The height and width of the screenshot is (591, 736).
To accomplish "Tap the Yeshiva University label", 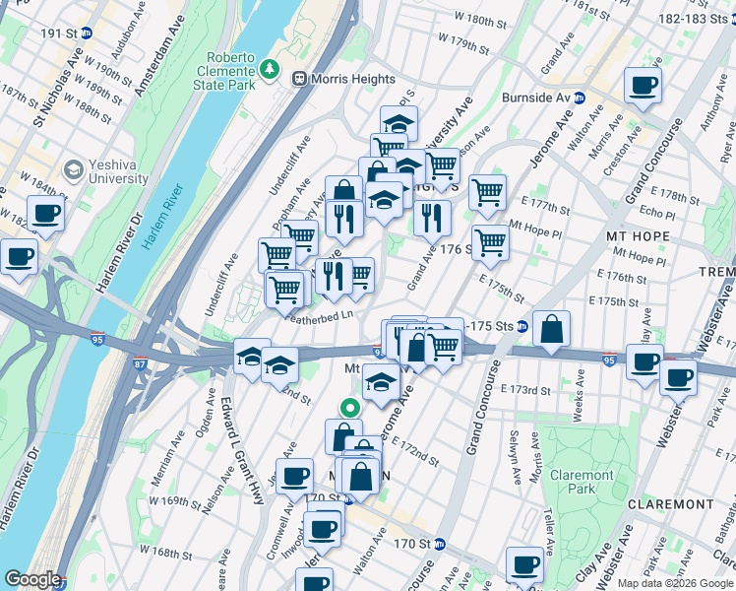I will tap(105, 172).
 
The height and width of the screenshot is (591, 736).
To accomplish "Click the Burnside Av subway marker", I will tap(580, 98).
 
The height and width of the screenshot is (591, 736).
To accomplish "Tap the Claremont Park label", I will tap(582, 482).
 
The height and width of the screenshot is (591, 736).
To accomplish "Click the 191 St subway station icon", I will tap(86, 33).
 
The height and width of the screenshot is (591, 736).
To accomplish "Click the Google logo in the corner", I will tap(32, 579).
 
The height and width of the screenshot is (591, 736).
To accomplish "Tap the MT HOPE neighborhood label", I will tap(637, 236).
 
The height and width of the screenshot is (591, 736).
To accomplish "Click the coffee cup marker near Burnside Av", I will tap(643, 87).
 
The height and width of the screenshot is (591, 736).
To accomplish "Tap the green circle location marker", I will tap(349, 407).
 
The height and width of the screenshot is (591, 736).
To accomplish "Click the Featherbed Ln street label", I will tap(318, 315).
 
